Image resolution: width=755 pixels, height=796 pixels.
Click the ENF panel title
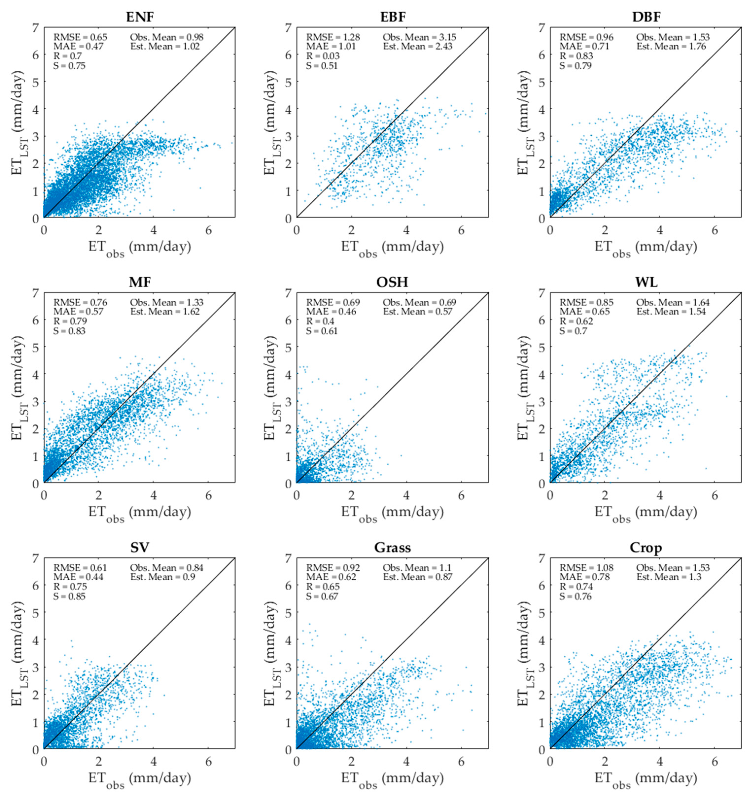(140, 17)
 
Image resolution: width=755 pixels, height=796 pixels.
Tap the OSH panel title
(392, 282)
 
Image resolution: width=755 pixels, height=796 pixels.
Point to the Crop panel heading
(646, 547)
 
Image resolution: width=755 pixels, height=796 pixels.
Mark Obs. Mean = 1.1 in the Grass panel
(417, 568)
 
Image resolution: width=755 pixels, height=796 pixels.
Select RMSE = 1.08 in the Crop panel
(586, 568)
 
